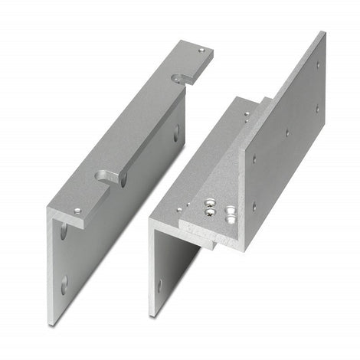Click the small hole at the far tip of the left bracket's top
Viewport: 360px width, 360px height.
point(201,51)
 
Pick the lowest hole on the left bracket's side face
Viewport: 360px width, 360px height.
point(64,285)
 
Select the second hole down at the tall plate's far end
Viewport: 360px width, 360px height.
point(316,108)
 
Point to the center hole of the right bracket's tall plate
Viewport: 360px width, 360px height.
point(287,132)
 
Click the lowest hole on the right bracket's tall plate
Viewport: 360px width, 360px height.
point(255,205)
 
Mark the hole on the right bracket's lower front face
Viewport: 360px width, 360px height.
point(159,285)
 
